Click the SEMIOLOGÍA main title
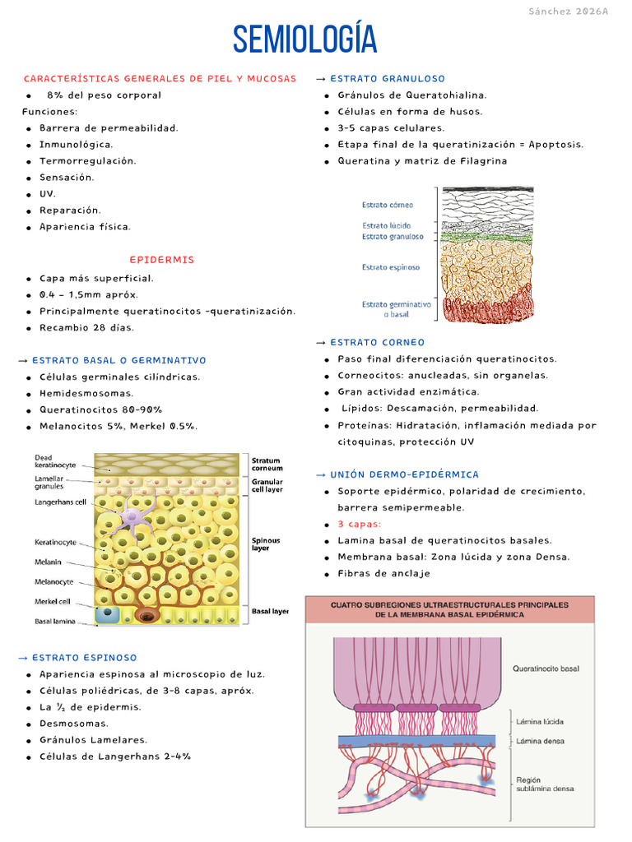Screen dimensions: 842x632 point(304,40)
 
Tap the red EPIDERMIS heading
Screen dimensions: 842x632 point(162,260)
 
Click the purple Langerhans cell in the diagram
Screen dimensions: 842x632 point(134,518)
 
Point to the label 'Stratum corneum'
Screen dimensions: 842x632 point(266,465)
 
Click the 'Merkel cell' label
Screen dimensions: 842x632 point(53,601)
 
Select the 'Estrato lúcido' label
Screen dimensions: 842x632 point(386,225)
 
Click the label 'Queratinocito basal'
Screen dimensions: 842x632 point(545,669)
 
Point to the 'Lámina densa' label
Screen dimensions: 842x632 point(540,741)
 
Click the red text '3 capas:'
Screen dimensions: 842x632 point(360,524)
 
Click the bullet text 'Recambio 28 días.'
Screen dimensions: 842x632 point(86,327)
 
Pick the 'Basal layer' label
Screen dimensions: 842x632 point(270,612)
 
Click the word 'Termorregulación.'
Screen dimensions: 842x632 point(88,160)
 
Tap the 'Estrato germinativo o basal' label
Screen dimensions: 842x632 point(396,309)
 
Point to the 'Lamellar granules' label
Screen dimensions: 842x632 point(51,482)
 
